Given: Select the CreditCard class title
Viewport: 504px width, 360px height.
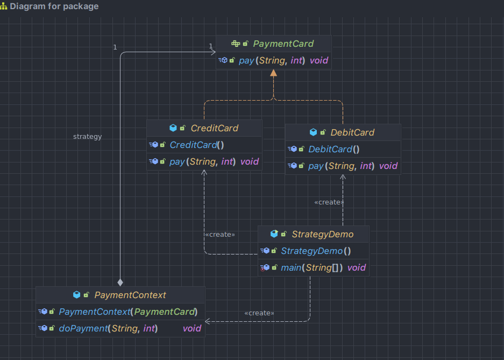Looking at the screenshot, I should [214, 128].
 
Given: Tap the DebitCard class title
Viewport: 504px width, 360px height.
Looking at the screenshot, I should [352, 132].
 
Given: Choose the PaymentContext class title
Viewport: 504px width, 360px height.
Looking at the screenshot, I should [130, 295].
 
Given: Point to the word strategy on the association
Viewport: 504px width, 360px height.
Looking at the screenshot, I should [87, 137].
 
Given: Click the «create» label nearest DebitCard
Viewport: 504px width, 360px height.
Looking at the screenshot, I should [329, 202].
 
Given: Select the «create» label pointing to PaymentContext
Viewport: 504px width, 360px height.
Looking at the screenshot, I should [259, 313].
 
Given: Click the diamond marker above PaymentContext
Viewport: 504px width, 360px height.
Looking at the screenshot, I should [120, 281].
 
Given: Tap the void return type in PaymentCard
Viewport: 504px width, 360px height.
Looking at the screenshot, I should [318, 61].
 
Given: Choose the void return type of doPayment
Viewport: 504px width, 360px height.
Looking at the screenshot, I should [191, 328].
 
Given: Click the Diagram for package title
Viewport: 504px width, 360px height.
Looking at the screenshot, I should [54, 6].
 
